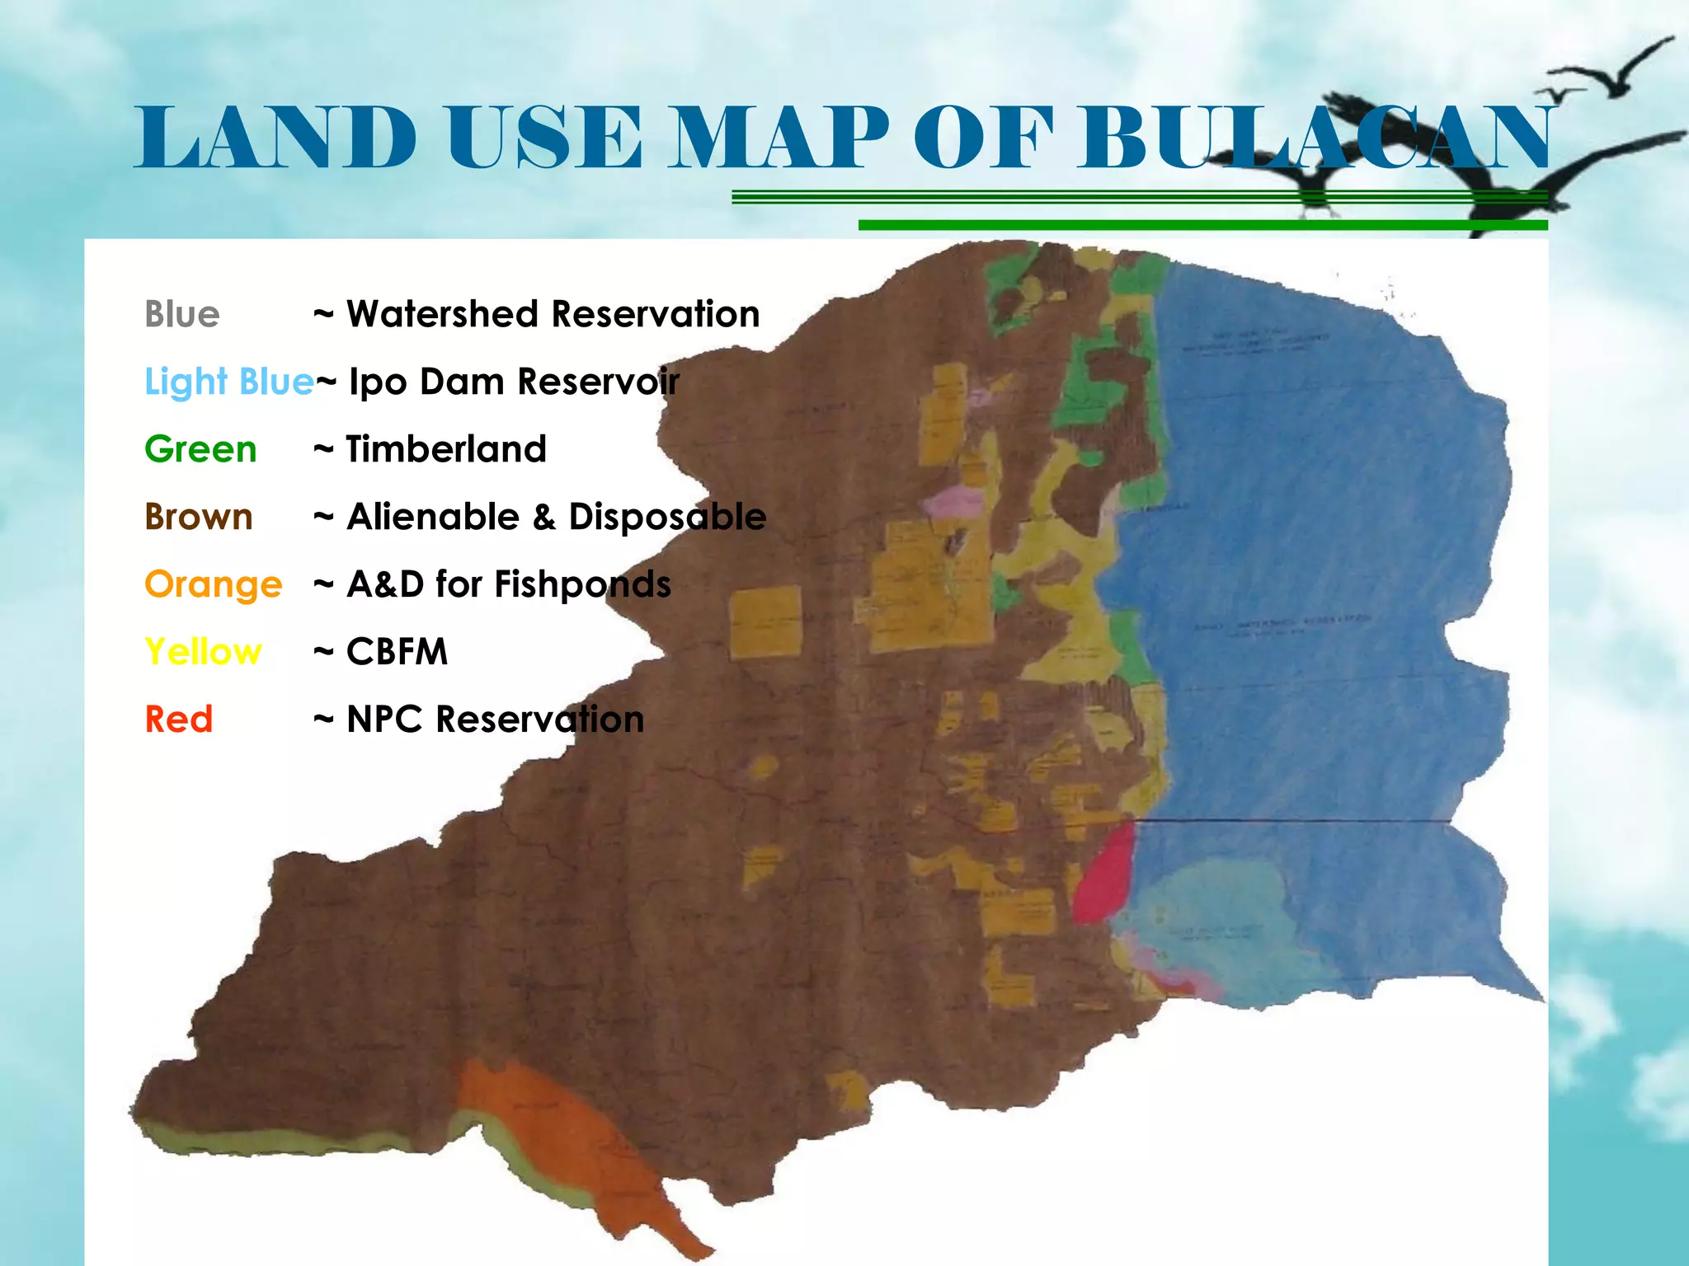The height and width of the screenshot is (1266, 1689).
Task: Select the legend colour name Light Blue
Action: click(228, 382)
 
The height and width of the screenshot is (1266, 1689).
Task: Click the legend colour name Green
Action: click(200, 449)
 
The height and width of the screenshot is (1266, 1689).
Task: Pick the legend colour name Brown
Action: click(198, 517)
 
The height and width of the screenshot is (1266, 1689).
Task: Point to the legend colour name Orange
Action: click(213, 584)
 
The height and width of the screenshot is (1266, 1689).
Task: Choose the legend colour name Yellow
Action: click(203, 652)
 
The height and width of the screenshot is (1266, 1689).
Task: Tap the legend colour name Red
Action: click(178, 720)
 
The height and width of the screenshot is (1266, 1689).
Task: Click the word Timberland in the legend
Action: click(446, 449)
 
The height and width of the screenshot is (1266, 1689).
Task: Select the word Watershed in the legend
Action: click(442, 314)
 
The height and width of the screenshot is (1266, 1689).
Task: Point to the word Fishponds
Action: click(582, 584)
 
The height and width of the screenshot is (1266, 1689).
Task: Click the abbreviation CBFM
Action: click(397, 652)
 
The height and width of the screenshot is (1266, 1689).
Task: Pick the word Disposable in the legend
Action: click(667, 517)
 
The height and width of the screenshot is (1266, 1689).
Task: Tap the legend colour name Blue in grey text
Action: click(181, 314)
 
